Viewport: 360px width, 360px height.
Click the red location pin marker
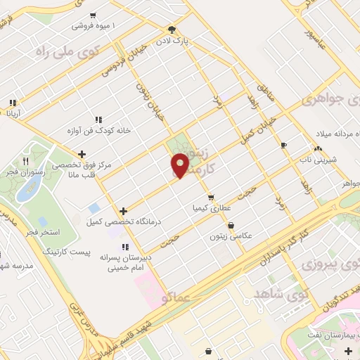pyautogui.click(x=180, y=165)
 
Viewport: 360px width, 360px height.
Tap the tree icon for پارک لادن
pyautogui.click(x=172, y=29)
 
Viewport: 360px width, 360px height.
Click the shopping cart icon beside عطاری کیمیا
pyautogui.click(x=211, y=198)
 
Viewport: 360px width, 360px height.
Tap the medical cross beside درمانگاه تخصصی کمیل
pyautogui.click(x=123, y=210)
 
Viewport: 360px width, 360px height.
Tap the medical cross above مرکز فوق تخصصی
pyautogui.click(x=82, y=154)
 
